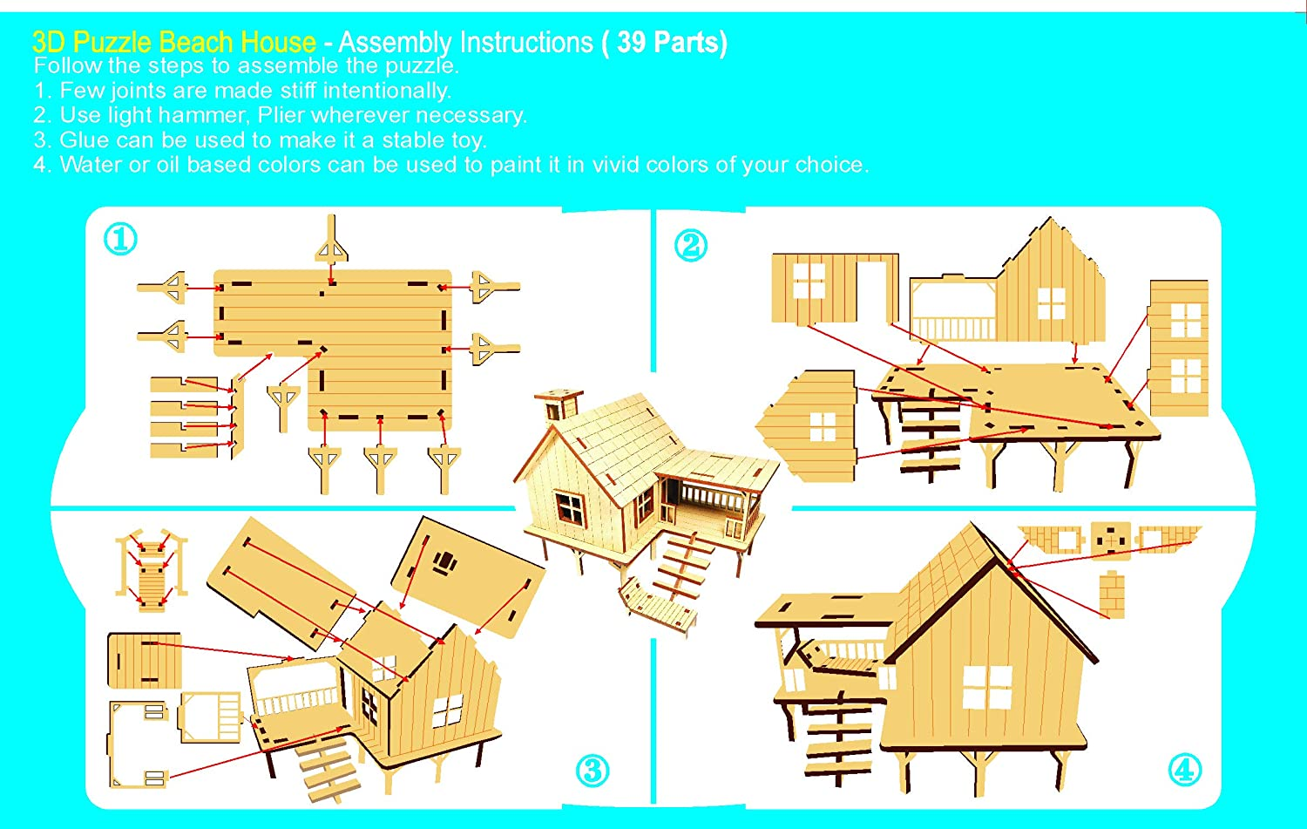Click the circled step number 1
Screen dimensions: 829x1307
coord(120,238)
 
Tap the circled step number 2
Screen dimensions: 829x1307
coord(691,245)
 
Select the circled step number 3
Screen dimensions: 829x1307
coord(593,770)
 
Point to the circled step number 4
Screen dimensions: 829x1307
coord(1183,770)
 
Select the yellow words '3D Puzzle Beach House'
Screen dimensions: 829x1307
coord(174,42)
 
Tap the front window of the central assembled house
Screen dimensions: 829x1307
coord(570,508)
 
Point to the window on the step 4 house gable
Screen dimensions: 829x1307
coord(987,687)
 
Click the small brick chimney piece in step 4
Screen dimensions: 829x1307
coord(1111,595)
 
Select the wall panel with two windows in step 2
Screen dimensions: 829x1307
coord(1179,347)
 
